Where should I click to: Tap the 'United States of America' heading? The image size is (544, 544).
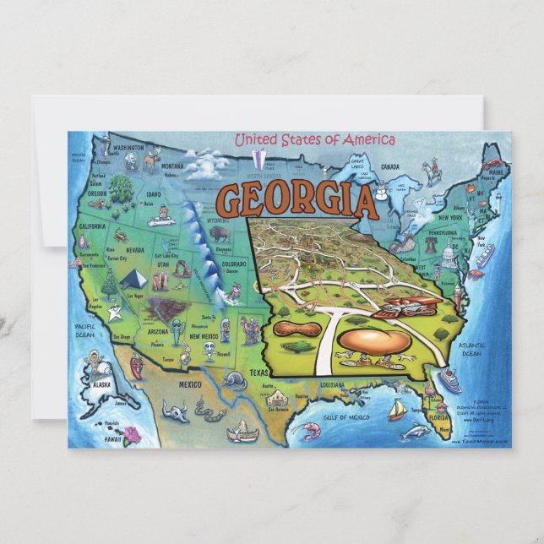314,140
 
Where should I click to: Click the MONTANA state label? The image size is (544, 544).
172,166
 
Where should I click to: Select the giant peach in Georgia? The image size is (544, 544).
374,341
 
